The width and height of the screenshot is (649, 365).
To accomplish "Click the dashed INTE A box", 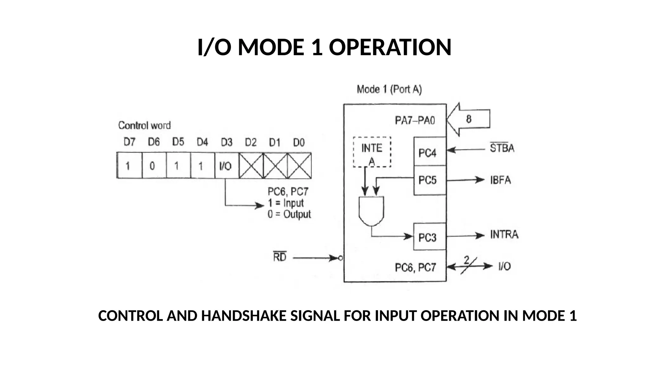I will pos(372,152).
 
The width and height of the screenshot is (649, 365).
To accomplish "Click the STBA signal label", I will pos(502,148).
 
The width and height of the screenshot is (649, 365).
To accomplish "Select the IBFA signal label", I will pos(500,180).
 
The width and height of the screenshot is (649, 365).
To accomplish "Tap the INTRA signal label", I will pos(504,235).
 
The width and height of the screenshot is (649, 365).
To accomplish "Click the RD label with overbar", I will pos(280,257).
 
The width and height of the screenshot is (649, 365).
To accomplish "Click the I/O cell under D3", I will pos(226,166).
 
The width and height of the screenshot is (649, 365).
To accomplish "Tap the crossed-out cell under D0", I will pos(299,166).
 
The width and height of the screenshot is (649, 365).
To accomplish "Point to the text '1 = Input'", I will pos(286,203).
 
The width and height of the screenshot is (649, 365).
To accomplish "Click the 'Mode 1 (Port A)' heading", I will pos(389,90).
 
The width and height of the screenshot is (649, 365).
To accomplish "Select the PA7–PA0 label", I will pos(415,121).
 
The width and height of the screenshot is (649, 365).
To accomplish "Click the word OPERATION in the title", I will pos(390,47).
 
